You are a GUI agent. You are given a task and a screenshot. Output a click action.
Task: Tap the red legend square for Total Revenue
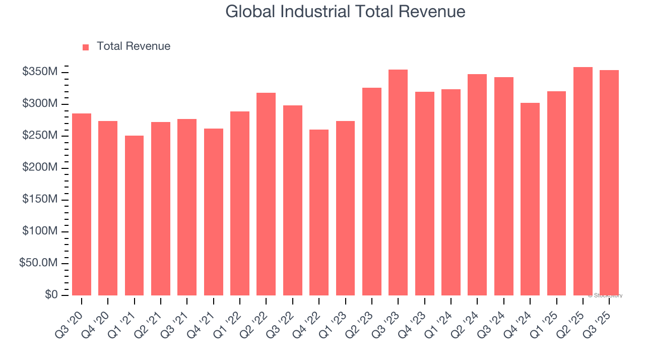(x=86, y=47)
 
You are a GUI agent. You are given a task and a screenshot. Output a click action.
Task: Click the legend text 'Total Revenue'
(x=133, y=46)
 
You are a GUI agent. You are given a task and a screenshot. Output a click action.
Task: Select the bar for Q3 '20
(x=82, y=204)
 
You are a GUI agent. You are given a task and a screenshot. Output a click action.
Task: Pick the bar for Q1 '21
(x=134, y=215)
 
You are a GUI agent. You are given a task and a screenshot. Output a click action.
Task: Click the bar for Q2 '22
(x=266, y=194)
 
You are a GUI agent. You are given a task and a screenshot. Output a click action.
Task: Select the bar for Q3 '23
(x=398, y=183)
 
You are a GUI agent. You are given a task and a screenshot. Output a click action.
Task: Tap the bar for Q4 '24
(x=530, y=199)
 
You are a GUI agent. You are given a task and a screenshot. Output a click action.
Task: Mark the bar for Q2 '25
(x=583, y=181)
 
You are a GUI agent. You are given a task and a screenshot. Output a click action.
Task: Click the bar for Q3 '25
(x=609, y=183)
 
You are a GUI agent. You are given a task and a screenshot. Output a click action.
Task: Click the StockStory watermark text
(x=606, y=295)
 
